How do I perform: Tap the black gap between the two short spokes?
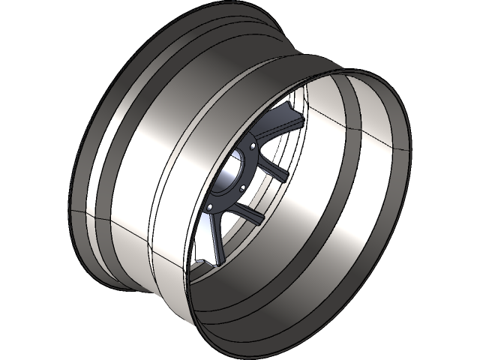point(263,194)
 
